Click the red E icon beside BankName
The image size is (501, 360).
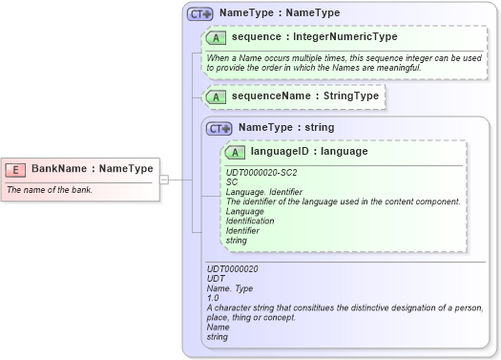[x=16, y=169]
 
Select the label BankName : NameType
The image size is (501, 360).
[x=92, y=169]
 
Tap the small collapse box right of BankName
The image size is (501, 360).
[x=164, y=179]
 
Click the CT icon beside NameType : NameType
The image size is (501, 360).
[x=199, y=14]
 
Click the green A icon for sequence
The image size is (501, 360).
[x=217, y=38]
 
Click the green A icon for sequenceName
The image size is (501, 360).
[x=217, y=96]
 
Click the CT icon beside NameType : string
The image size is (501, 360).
[x=219, y=127]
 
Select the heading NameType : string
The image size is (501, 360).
[x=286, y=127]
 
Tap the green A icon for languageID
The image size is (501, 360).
[x=236, y=151]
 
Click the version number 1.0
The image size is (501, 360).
[x=213, y=298]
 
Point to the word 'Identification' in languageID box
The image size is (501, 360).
[x=249, y=221]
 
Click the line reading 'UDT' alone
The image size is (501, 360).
[x=216, y=279]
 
